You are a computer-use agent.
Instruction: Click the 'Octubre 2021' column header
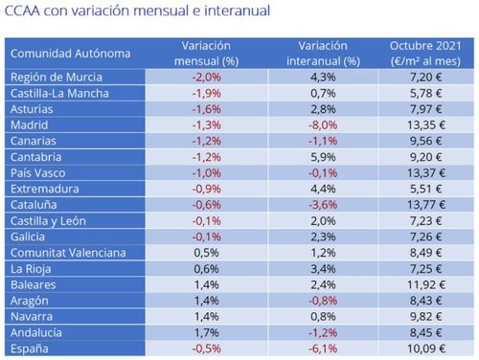click(x=424, y=54)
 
